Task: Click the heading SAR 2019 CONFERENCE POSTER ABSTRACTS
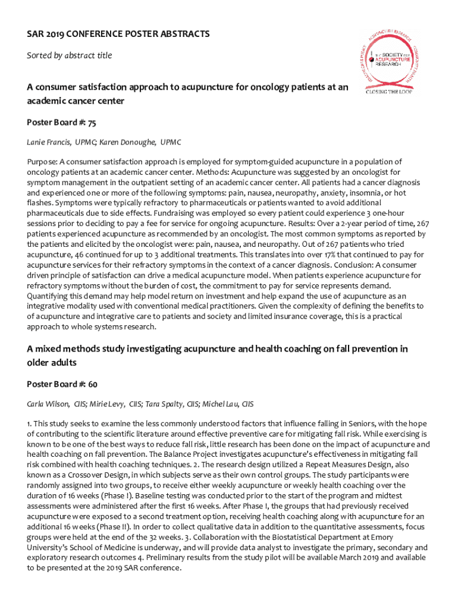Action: pyautogui.click(x=118, y=34)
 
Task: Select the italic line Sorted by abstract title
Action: pyautogui.click(x=69, y=55)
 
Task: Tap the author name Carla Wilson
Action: pyautogui.click(x=47, y=404)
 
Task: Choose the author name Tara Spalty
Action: pyautogui.click(x=164, y=404)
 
